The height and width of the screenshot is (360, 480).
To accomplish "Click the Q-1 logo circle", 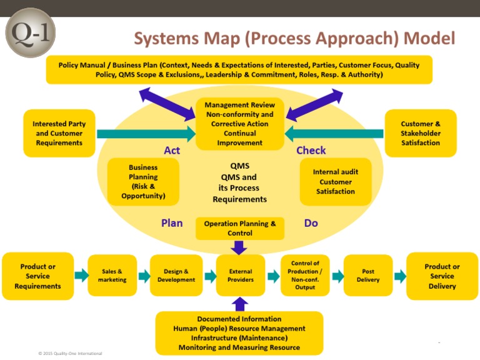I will [x=30, y=32].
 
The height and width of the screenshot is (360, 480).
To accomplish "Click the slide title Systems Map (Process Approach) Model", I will [x=294, y=38].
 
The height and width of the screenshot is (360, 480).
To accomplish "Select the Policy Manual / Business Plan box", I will [x=239, y=69].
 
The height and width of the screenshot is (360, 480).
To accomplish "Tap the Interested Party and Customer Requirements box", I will [x=59, y=133].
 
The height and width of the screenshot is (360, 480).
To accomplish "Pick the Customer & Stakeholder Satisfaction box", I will [x=421, y=133].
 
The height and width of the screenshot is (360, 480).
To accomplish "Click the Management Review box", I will [x=240, y=124].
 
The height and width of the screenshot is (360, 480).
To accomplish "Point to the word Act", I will [x=172, y=151].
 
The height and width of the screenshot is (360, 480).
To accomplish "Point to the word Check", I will [x=311, y=151].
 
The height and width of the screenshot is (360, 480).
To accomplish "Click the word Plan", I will [x=172, y=222].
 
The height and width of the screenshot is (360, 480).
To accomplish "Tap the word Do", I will [x=311, y=222].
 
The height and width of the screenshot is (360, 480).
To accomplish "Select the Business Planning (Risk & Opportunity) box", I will [x=143, y=182].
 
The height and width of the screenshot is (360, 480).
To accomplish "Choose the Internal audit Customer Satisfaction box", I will [x=336, y=182].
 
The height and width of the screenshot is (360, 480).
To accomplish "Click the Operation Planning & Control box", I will [x=240, y=228].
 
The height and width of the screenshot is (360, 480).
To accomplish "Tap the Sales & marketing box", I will [x=112, y=276].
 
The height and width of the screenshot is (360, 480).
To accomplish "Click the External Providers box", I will [x=241, y=276].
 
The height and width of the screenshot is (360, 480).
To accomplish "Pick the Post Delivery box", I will [x=368, y=276].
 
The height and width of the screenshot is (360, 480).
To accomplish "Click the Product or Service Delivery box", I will [x=442, y=276].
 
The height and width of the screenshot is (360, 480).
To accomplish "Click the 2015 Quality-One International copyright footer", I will [x=70, y=354].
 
